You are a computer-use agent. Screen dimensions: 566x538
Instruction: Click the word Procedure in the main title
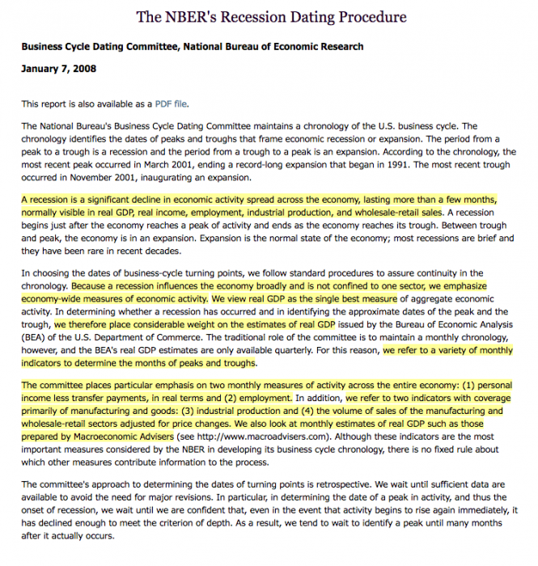point(359,17)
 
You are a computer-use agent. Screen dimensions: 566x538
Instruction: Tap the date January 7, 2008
point(58,69)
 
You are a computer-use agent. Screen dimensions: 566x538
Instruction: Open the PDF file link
point(175,104)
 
